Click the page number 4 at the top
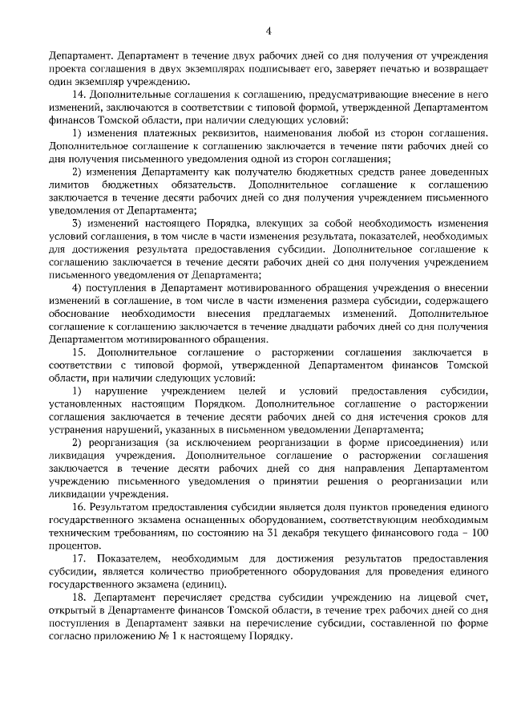269,30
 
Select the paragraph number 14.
79,94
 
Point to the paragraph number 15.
79,352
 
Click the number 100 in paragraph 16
478,533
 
